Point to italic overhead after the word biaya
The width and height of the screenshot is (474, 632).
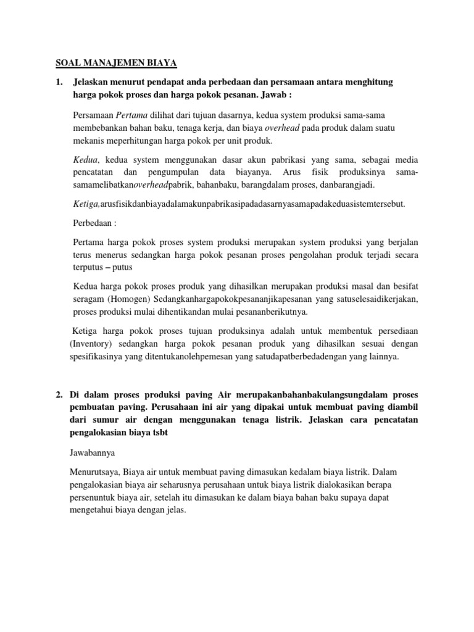pyautogui.click(x=283, y=128)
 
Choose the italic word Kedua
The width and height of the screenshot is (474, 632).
pyautogui.click(x=85, y=160)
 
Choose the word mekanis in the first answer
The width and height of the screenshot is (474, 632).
pyautogui.click(x=89, y=141)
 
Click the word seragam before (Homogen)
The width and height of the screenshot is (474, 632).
pyautogui.click(x=89, y=299)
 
